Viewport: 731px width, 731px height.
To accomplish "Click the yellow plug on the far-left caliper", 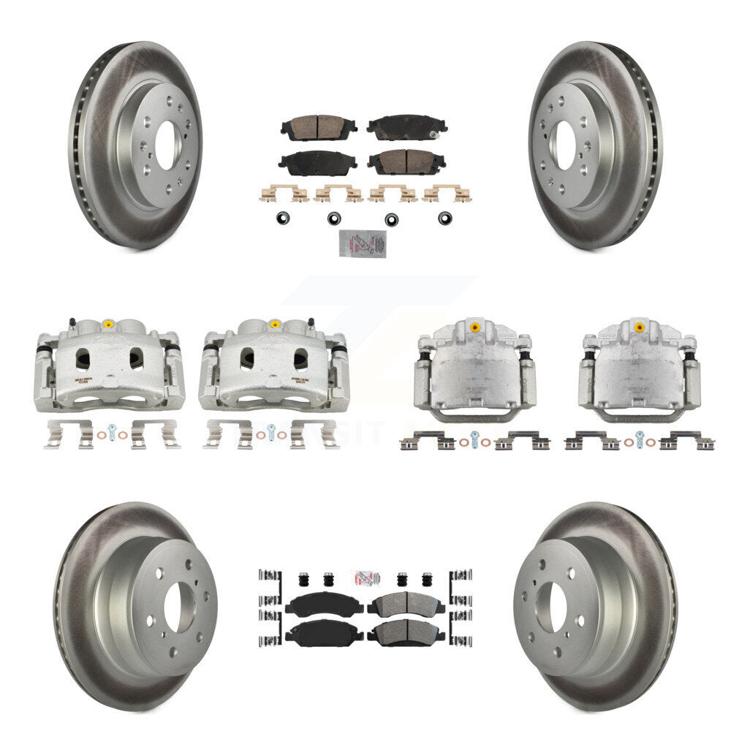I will [107, 324].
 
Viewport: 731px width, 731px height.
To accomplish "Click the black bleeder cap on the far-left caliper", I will [72, 321].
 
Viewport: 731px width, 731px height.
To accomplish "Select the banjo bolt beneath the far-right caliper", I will [640, 439].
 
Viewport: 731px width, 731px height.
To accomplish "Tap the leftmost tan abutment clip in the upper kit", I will [282, 194].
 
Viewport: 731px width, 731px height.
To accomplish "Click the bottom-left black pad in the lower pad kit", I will [315, 632].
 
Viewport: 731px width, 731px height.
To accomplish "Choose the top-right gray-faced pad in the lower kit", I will [406, 604].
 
